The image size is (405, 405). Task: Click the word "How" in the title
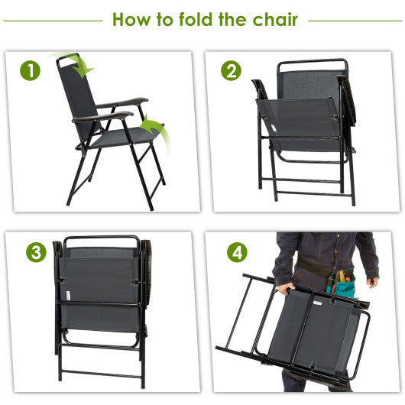click(131, 20)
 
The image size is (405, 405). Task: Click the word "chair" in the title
click(274, 20)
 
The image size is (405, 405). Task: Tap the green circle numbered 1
click(31, 71)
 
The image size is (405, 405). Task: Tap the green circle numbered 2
click(230, 71)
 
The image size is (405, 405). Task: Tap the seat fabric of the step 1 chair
click(122, 137)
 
